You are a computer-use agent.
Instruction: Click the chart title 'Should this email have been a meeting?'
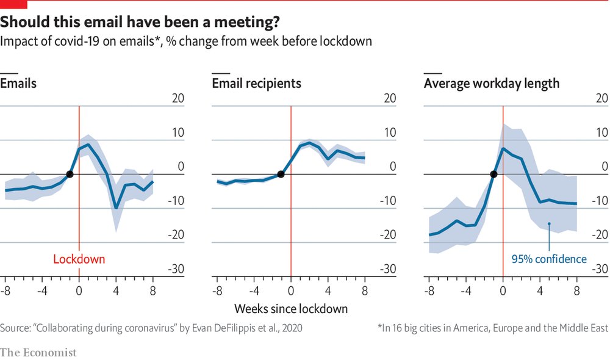point(140,23)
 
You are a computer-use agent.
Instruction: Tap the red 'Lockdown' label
point(79,259)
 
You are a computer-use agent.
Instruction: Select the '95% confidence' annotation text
point(549,259)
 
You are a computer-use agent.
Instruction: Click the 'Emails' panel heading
point(18,83)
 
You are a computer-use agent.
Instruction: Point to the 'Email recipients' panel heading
point(256,83)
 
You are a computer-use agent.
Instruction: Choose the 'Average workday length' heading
point(492,83)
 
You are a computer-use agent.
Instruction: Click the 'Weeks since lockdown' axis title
point(291,308)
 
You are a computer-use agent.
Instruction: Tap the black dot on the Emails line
point(70,174)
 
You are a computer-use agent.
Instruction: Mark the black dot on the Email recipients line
point(281,174)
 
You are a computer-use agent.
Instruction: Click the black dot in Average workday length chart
point(493,175)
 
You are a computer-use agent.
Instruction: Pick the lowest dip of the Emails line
point(116,208)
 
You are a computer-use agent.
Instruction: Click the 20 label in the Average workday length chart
point(601,99)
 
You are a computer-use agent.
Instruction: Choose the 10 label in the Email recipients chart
point(390,133)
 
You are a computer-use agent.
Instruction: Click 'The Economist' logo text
point(38,352)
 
